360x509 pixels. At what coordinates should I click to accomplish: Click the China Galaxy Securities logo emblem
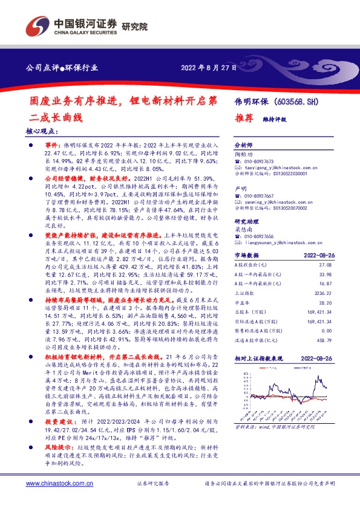[x=36, y=26]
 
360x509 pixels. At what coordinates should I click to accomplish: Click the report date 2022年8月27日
[x=209, y=67]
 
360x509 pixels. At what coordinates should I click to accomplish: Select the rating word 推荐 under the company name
[x=243, y=119]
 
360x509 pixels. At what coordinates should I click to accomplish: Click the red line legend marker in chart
[x=262, y=367]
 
